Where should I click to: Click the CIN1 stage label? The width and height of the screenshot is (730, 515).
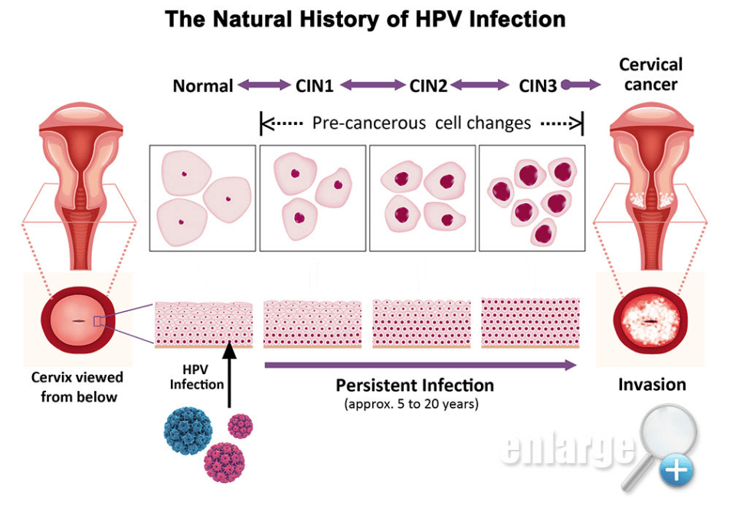click(314, 86)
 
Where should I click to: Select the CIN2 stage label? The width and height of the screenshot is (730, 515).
click(428, 86)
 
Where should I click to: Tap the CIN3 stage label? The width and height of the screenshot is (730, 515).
click(538, 86)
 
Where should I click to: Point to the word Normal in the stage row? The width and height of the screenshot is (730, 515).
click(203, 86)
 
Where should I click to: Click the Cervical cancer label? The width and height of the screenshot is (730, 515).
click(650, 74)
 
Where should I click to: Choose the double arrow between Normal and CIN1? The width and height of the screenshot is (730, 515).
click(264, 86)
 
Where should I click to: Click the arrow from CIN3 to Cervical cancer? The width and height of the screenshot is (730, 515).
click(581, 86)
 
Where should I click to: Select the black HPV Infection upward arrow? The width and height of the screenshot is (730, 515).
click(228, 376)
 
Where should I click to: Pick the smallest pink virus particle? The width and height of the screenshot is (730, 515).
click(241, 425)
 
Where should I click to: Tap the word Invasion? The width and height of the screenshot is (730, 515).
click(652, 384)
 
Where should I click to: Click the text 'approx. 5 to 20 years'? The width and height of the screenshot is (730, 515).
click(411, 404)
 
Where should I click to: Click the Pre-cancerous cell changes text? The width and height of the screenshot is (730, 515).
click(421, 123)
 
